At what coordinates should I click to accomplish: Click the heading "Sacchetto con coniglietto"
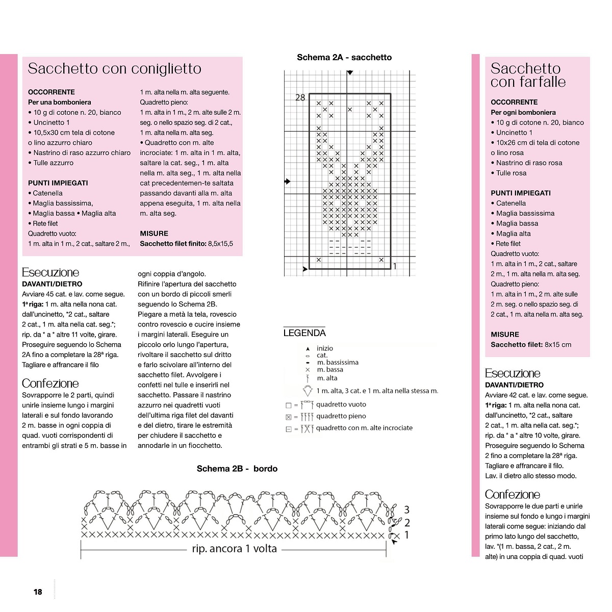click(x=114, y=69)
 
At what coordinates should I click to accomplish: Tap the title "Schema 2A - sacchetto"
click(x=344, y=58)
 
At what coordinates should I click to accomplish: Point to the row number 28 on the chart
click(x=300, y=97)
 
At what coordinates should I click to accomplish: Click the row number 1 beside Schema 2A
click(x=395, y=266)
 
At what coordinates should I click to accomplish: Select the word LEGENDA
click(x=304, y=333)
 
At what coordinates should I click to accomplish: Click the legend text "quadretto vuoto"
click(x=341, y=404)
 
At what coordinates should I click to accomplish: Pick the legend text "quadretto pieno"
click(x=341, y=416)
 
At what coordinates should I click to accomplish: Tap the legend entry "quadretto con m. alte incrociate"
click(x=364, y=428)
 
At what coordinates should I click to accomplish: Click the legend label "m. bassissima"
click(x=337, y=362)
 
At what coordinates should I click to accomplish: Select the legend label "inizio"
click(x=324, y=348)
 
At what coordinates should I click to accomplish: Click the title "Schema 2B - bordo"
click(x=237, y=469)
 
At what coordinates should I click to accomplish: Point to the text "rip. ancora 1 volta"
click(x=234, y=549)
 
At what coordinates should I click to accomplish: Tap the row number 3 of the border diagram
click(x=406, y=509)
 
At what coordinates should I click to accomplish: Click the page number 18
click(x=38, y=592)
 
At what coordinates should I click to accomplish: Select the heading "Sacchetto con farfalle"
click(x=528, y=75)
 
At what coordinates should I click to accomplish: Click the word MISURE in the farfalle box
click(x=505, y=335)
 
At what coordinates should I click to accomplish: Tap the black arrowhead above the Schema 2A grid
click(x=349, y=73)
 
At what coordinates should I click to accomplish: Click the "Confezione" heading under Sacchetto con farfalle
click(x=512, y=494)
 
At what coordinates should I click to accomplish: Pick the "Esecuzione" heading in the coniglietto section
click(x=50, y=272)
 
